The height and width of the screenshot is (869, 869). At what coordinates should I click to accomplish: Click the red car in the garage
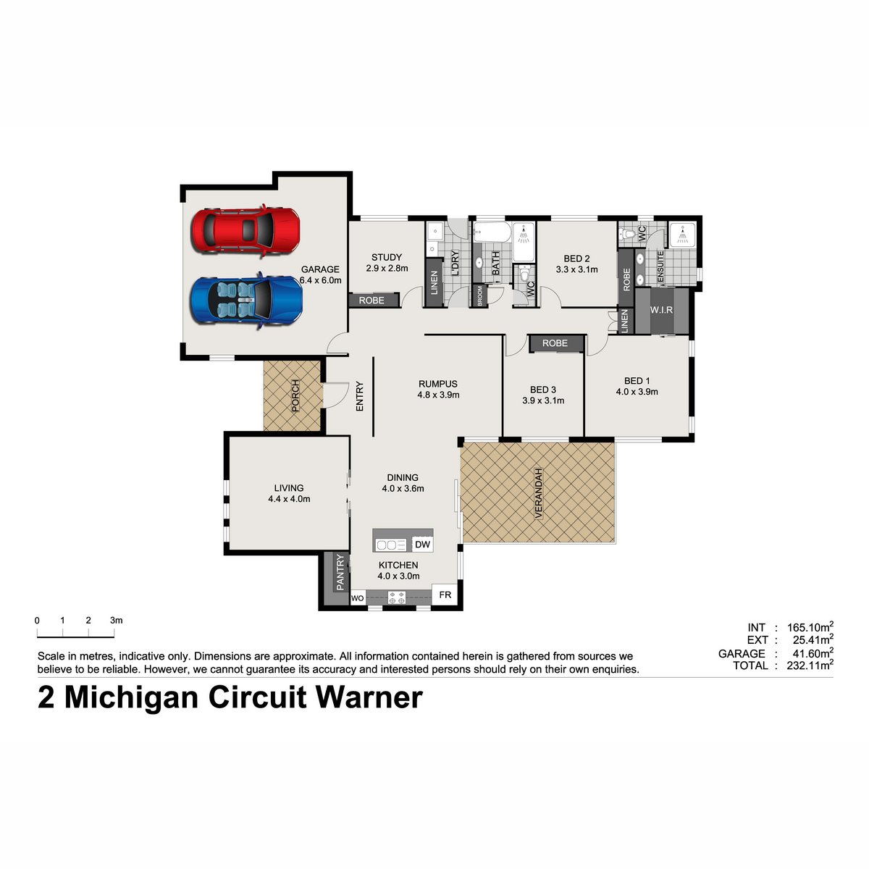coord(245,230)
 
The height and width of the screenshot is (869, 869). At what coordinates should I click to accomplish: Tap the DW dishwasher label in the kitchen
coord(422,545)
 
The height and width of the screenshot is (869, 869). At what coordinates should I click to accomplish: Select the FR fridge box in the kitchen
coord(445,595)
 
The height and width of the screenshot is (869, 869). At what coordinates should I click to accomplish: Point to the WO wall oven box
coord(358,598)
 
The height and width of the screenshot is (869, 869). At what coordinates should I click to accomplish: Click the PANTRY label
coord(340,572)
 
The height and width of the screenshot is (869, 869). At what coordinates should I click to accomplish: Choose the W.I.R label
coord(662,310)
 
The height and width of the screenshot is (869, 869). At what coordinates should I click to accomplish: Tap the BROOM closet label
coord(480,296)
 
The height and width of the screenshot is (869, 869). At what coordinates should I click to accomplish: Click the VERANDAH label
coord(538,494)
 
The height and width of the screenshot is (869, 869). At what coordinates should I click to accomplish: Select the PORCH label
coord(295,396)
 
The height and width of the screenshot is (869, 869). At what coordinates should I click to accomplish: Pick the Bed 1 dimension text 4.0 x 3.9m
coord(637,392)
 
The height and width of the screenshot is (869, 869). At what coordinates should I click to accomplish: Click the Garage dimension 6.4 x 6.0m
coord(321,280)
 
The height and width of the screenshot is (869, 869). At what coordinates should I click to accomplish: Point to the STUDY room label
coord(387,258)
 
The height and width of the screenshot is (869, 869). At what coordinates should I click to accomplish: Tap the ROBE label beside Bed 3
coord(555,343)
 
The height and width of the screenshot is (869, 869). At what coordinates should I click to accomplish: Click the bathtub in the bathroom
coord(492,233)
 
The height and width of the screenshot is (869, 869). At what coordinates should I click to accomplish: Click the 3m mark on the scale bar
coord(114,637)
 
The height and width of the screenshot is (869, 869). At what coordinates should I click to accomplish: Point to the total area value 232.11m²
coord(810,666)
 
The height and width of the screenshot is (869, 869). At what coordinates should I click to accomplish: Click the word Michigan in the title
coord(131,699)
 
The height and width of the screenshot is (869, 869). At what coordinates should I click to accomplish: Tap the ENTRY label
coord(360,396)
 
